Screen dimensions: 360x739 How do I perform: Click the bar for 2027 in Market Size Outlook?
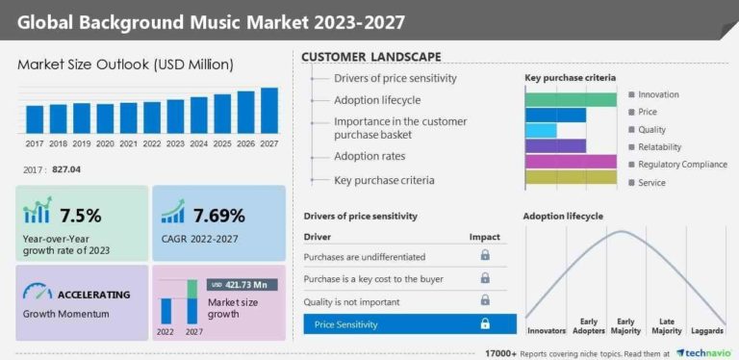click(269, 111)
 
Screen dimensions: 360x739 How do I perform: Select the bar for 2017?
click(35, 119)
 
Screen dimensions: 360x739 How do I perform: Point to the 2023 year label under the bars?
click(175, 143)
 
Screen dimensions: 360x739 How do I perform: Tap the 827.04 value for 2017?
click(64, 169)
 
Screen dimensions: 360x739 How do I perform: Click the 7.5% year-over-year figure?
click(81, 215)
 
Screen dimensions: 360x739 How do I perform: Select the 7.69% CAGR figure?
click(218, 215)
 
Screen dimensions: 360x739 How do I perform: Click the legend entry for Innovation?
click(658, 94)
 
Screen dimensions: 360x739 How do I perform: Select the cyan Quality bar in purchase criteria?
click(541, 130)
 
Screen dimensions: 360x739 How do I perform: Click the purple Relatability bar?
click(555, 147)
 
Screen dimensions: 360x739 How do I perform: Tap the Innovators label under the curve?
click(548, 331)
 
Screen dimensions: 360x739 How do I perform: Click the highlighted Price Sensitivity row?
click(409, 324)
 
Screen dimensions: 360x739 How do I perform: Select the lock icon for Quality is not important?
click(485, 301)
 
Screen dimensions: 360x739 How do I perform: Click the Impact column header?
click(484, 236)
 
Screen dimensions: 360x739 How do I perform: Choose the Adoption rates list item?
click(369, 156)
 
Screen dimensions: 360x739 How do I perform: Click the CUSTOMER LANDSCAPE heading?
click(371, 57)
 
